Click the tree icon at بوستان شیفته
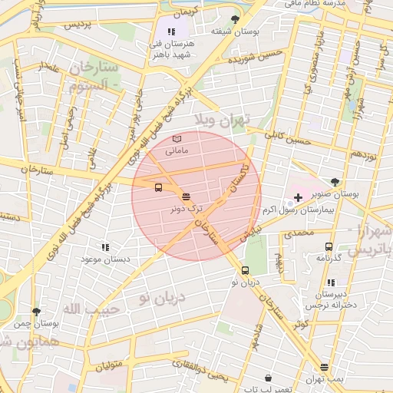235,19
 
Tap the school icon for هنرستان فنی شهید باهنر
170,32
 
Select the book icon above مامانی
177,137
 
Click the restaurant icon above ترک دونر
187,198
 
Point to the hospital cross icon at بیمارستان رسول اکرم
298,198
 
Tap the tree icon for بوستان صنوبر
335,182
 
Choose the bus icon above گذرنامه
329,246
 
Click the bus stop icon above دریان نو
246,270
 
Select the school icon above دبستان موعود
105,247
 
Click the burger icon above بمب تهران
324,367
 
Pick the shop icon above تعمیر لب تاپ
267,378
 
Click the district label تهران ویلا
236,121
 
